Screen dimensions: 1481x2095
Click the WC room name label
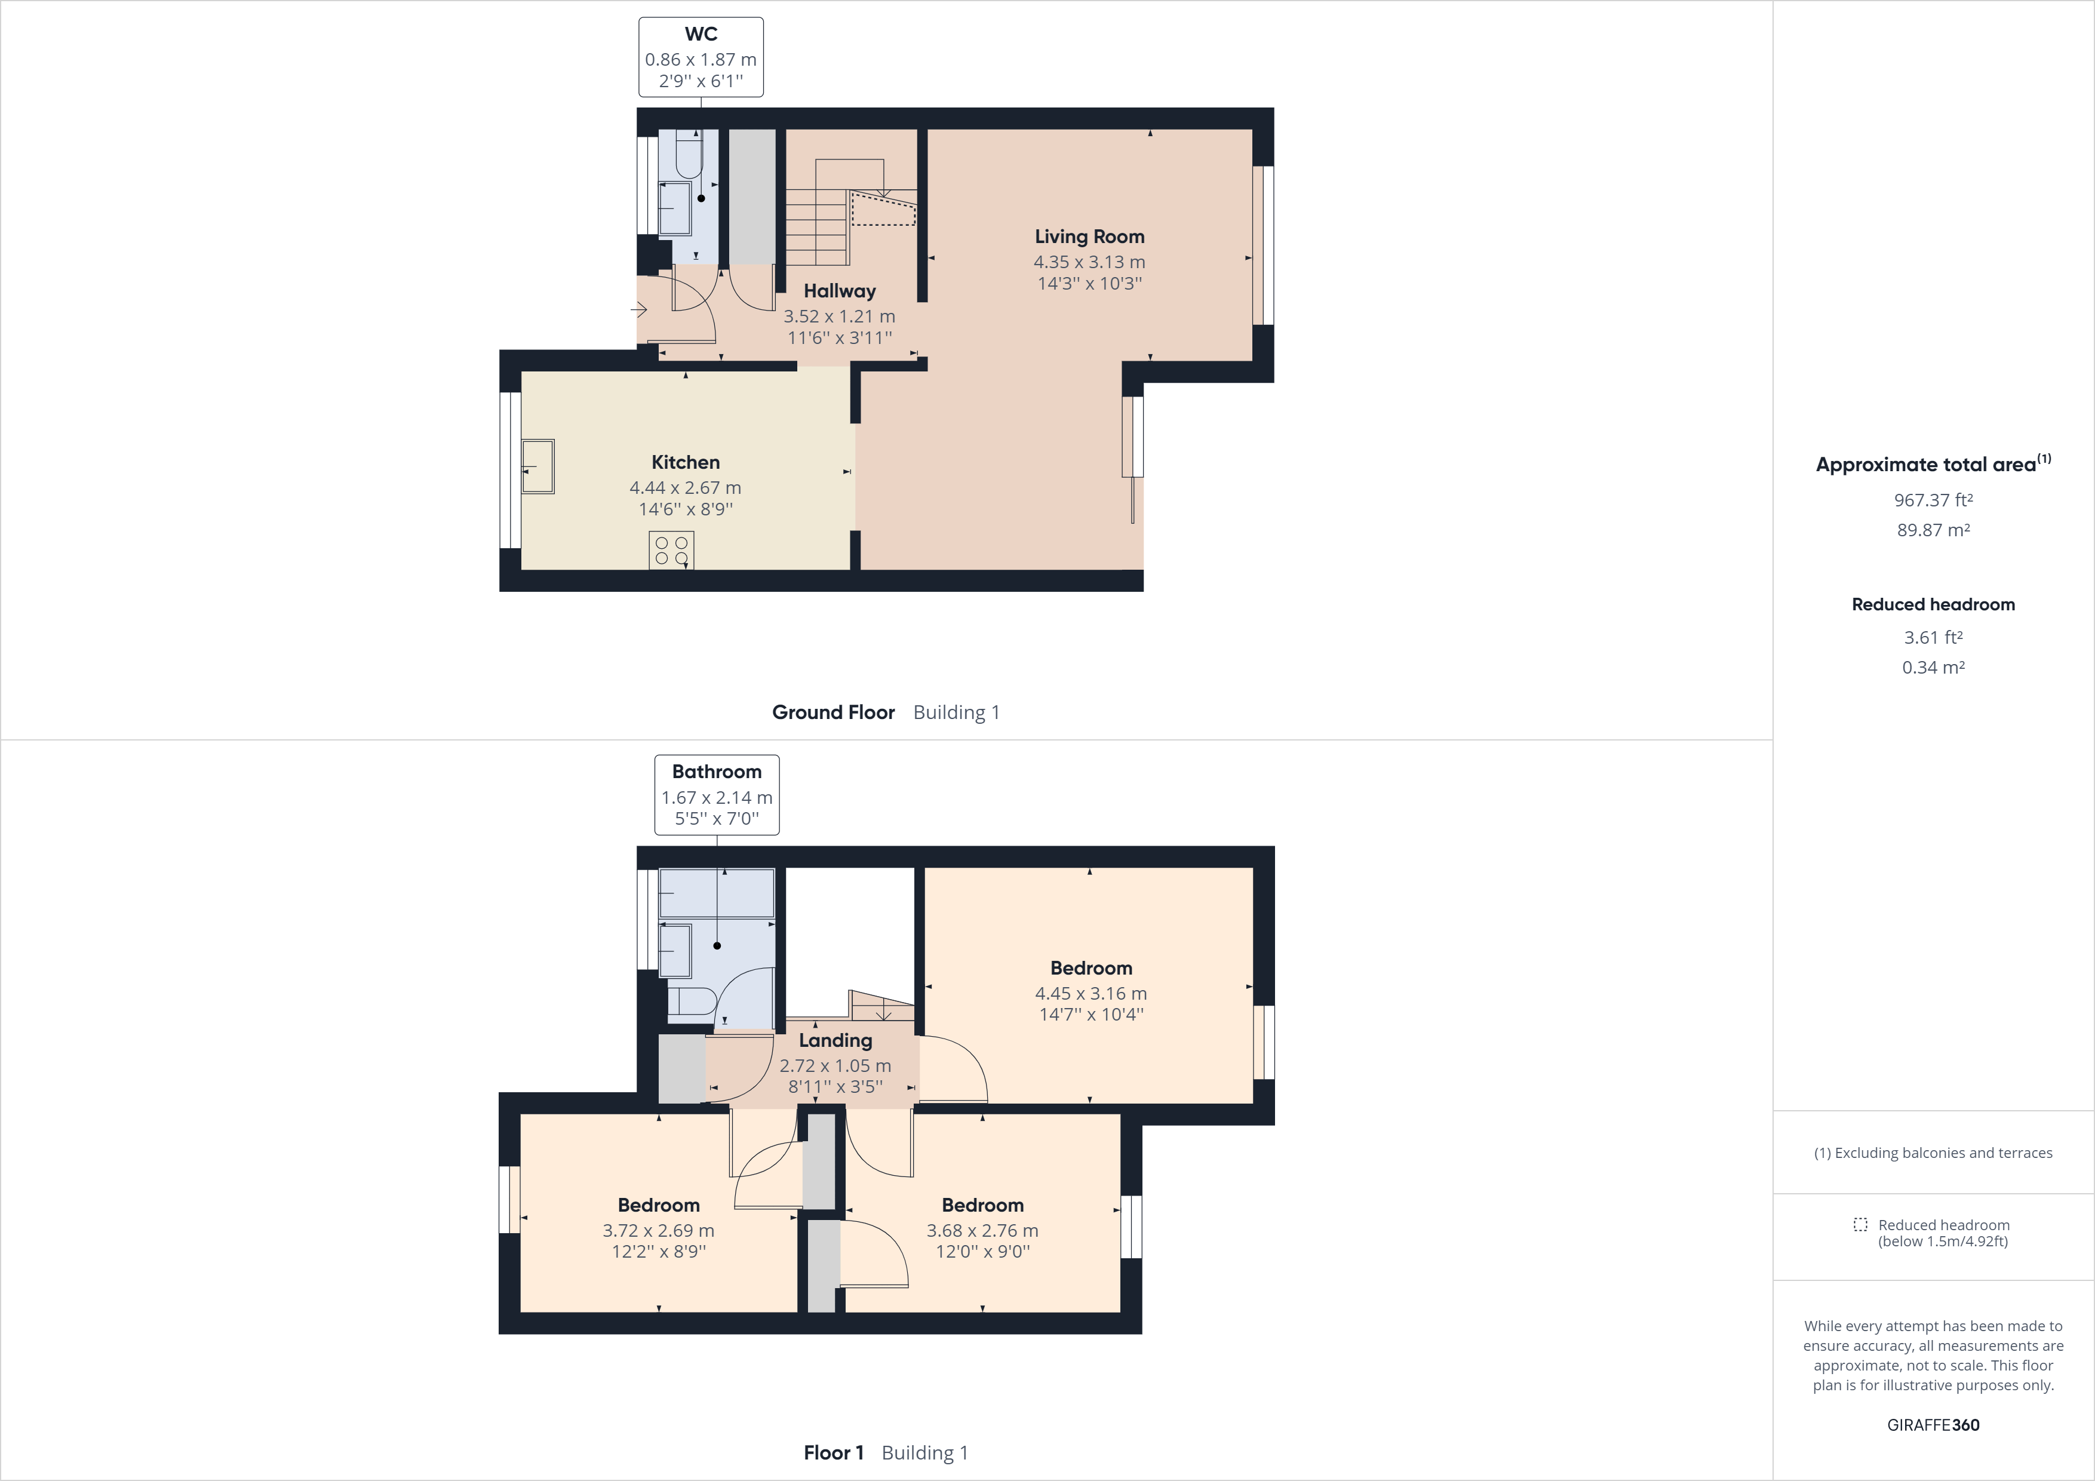click(x=701, y=35)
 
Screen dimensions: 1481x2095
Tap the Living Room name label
click(x=1089, y=236)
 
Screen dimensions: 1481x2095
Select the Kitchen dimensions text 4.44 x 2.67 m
click(x=685, y=487)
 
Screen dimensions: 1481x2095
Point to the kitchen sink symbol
click(x=537, y=466)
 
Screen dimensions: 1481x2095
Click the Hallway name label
click(x=840, y=291)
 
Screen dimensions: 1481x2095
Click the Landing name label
click(x=835, y=1040)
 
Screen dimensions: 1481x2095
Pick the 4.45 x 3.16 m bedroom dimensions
click(x=1090, y=993)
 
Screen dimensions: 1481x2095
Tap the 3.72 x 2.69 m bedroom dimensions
click(x=658, y=1230)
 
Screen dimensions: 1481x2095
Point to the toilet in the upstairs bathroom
click(x=691, y=1001)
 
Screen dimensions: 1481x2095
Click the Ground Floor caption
click(x=833, y=712)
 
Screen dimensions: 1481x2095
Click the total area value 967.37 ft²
click(x=1933, y=500)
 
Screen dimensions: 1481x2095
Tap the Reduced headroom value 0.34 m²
click(x=1933, y=667)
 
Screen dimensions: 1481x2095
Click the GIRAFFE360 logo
click(x=1933, y=1424)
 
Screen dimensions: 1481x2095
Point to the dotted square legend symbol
click(x=1860, y=1225)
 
